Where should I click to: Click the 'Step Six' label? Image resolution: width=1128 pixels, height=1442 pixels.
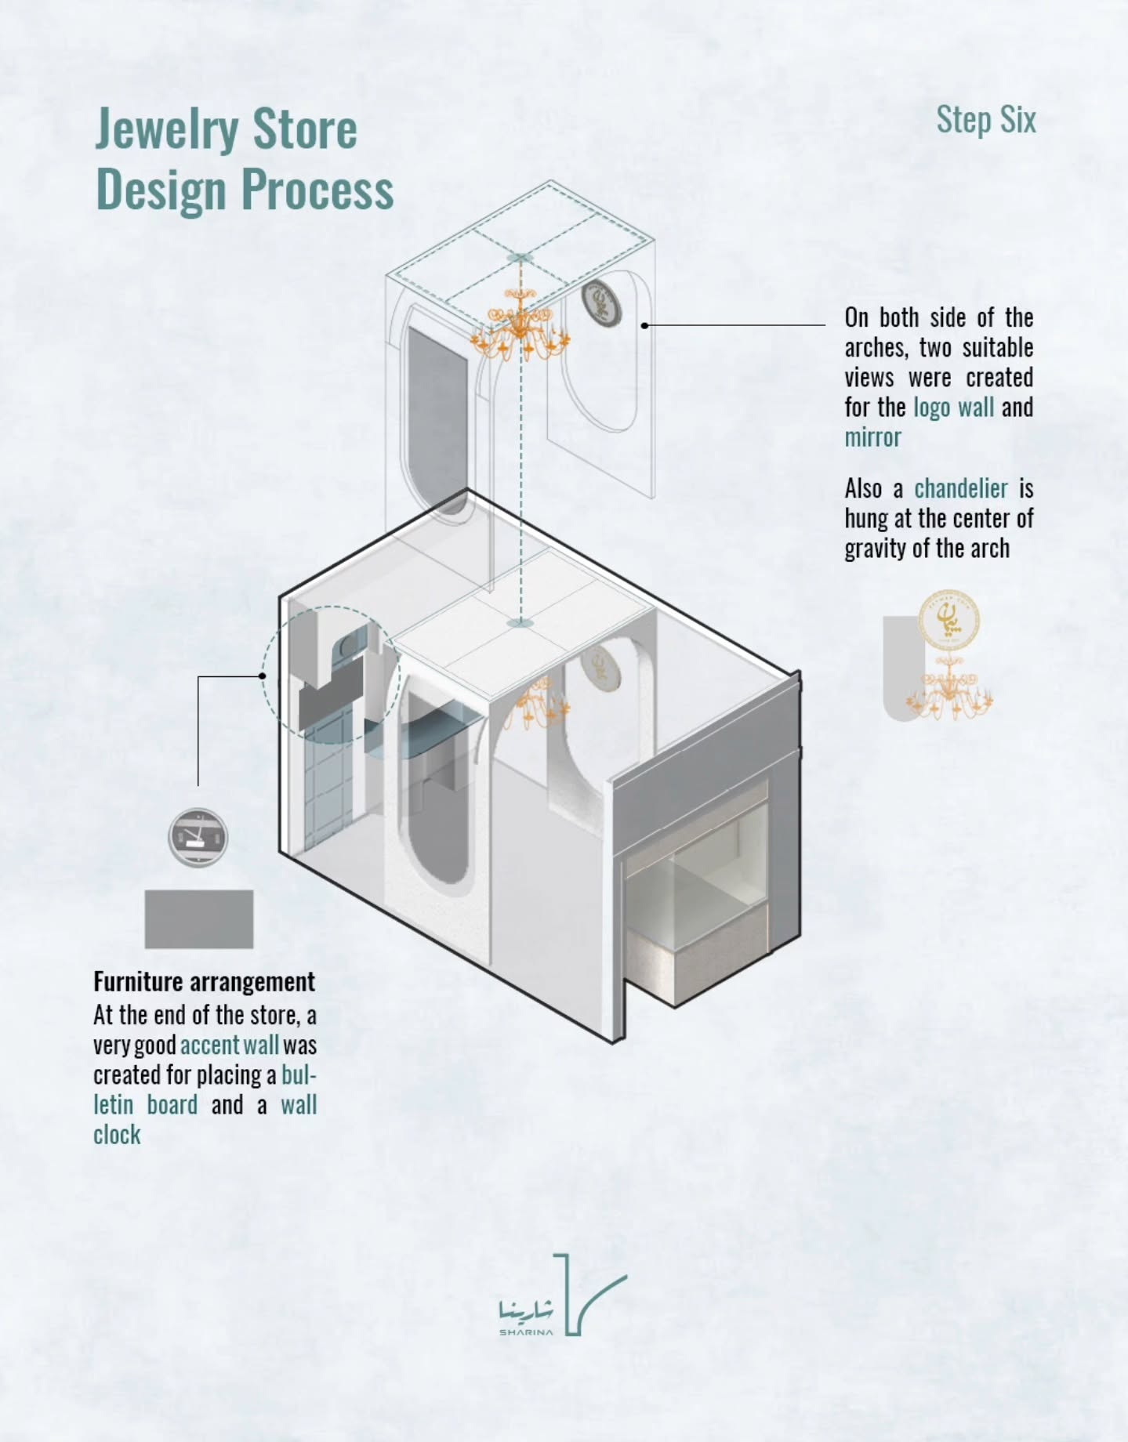986,121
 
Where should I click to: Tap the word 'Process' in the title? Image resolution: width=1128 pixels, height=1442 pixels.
317,190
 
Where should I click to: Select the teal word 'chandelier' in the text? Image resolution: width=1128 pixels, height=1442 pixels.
961,488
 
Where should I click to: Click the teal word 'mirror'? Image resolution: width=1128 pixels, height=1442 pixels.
872,437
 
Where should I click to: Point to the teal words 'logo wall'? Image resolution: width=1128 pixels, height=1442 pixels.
953,408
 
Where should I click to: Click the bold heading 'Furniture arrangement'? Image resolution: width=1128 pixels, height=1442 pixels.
204,982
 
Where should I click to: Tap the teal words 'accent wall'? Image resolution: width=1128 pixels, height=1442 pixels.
230,1045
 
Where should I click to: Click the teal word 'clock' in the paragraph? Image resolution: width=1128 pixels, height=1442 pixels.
117,1135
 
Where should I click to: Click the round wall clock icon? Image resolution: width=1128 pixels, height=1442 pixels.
198,837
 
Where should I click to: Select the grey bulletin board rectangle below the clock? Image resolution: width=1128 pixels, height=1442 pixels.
199,919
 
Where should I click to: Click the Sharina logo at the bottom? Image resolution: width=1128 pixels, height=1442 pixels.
563,1295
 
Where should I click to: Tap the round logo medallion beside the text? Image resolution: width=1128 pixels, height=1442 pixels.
949,620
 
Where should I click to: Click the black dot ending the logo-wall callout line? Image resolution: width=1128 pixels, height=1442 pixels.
644,324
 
